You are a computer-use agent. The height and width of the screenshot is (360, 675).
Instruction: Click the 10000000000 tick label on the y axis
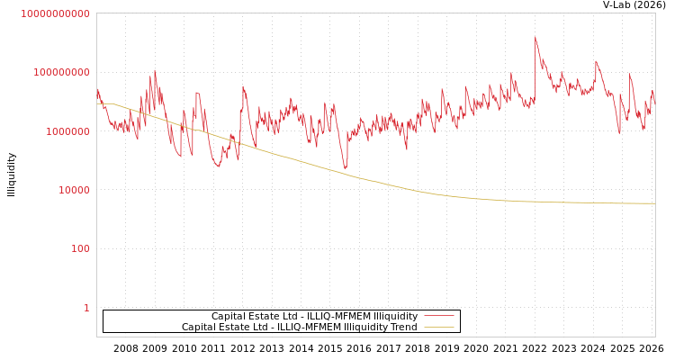point(55,13)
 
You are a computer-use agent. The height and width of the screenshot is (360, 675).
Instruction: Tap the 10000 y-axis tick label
point(71,190)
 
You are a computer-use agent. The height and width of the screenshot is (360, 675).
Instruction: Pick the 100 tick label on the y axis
point(80,248)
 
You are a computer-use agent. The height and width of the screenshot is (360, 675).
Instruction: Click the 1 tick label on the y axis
point(86,308)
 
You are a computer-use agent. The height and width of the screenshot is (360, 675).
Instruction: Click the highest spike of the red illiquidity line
point(535,38)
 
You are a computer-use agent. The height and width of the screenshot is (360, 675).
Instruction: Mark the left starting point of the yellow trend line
point(97,103)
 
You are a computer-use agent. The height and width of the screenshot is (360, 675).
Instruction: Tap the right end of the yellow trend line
point(654,203)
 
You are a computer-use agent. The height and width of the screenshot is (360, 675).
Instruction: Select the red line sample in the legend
point(438,317)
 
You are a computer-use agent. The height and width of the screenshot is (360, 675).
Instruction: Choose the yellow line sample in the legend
point(438,328)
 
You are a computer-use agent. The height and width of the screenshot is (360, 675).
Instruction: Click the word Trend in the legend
point(403,328)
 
